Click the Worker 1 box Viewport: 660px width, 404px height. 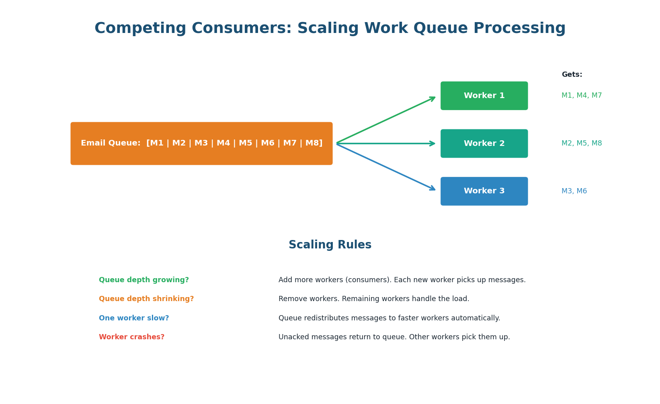point(484,96)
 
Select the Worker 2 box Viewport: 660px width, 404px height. point(484,144)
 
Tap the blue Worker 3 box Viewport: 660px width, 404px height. point(484,191)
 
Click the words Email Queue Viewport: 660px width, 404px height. point(111,144)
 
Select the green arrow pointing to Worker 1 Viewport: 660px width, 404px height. point(386,120)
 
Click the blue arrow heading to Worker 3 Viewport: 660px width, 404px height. point(386,167)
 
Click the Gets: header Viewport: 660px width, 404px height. point(572,75)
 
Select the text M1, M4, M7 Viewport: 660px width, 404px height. point(581,96)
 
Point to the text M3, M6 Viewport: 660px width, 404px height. point(574,191)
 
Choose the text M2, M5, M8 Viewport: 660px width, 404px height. point(581,144)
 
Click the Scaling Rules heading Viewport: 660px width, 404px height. point(330,245)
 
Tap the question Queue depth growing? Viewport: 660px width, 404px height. point(143,280)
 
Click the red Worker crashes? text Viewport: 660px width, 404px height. point(131,337)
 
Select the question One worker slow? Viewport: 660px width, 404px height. point(134,318)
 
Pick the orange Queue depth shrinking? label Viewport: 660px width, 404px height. point(146,299)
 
